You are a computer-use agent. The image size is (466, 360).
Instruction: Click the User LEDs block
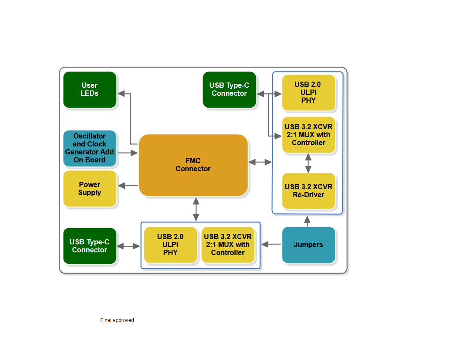point(90,90)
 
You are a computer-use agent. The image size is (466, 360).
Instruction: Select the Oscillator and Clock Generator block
point(90,148)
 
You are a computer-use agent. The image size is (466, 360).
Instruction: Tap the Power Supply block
point(90,188)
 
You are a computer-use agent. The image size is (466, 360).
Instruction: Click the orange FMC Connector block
point(193,165)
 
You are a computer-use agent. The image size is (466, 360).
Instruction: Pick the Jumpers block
point(308,245)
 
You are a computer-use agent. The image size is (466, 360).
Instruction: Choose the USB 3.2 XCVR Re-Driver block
point(308,191)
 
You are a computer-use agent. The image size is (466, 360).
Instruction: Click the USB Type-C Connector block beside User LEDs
point(229,90)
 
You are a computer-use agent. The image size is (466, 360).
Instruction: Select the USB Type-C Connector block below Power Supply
point(90,246)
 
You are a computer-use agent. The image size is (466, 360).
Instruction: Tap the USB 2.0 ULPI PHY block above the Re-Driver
point(308,92)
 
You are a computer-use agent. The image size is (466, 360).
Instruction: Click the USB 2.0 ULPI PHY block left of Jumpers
point(170,245)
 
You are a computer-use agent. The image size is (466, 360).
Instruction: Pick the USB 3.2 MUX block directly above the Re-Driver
point(308,135)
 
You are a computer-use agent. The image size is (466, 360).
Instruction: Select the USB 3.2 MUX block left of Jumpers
point(228,245)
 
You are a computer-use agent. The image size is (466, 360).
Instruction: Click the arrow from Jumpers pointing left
point(271,244)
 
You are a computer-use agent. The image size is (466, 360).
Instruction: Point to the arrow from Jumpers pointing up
point(308,221)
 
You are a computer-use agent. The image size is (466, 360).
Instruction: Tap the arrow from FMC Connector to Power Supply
point(128,186)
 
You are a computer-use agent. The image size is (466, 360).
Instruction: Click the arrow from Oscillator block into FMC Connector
point(128,153)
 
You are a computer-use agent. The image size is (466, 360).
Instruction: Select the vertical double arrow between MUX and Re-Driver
point(308,163)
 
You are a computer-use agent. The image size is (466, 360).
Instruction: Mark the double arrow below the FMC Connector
point(196,209)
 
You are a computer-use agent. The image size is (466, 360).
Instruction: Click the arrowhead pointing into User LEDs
point(121,93)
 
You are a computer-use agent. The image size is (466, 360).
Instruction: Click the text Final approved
point(117,320)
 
